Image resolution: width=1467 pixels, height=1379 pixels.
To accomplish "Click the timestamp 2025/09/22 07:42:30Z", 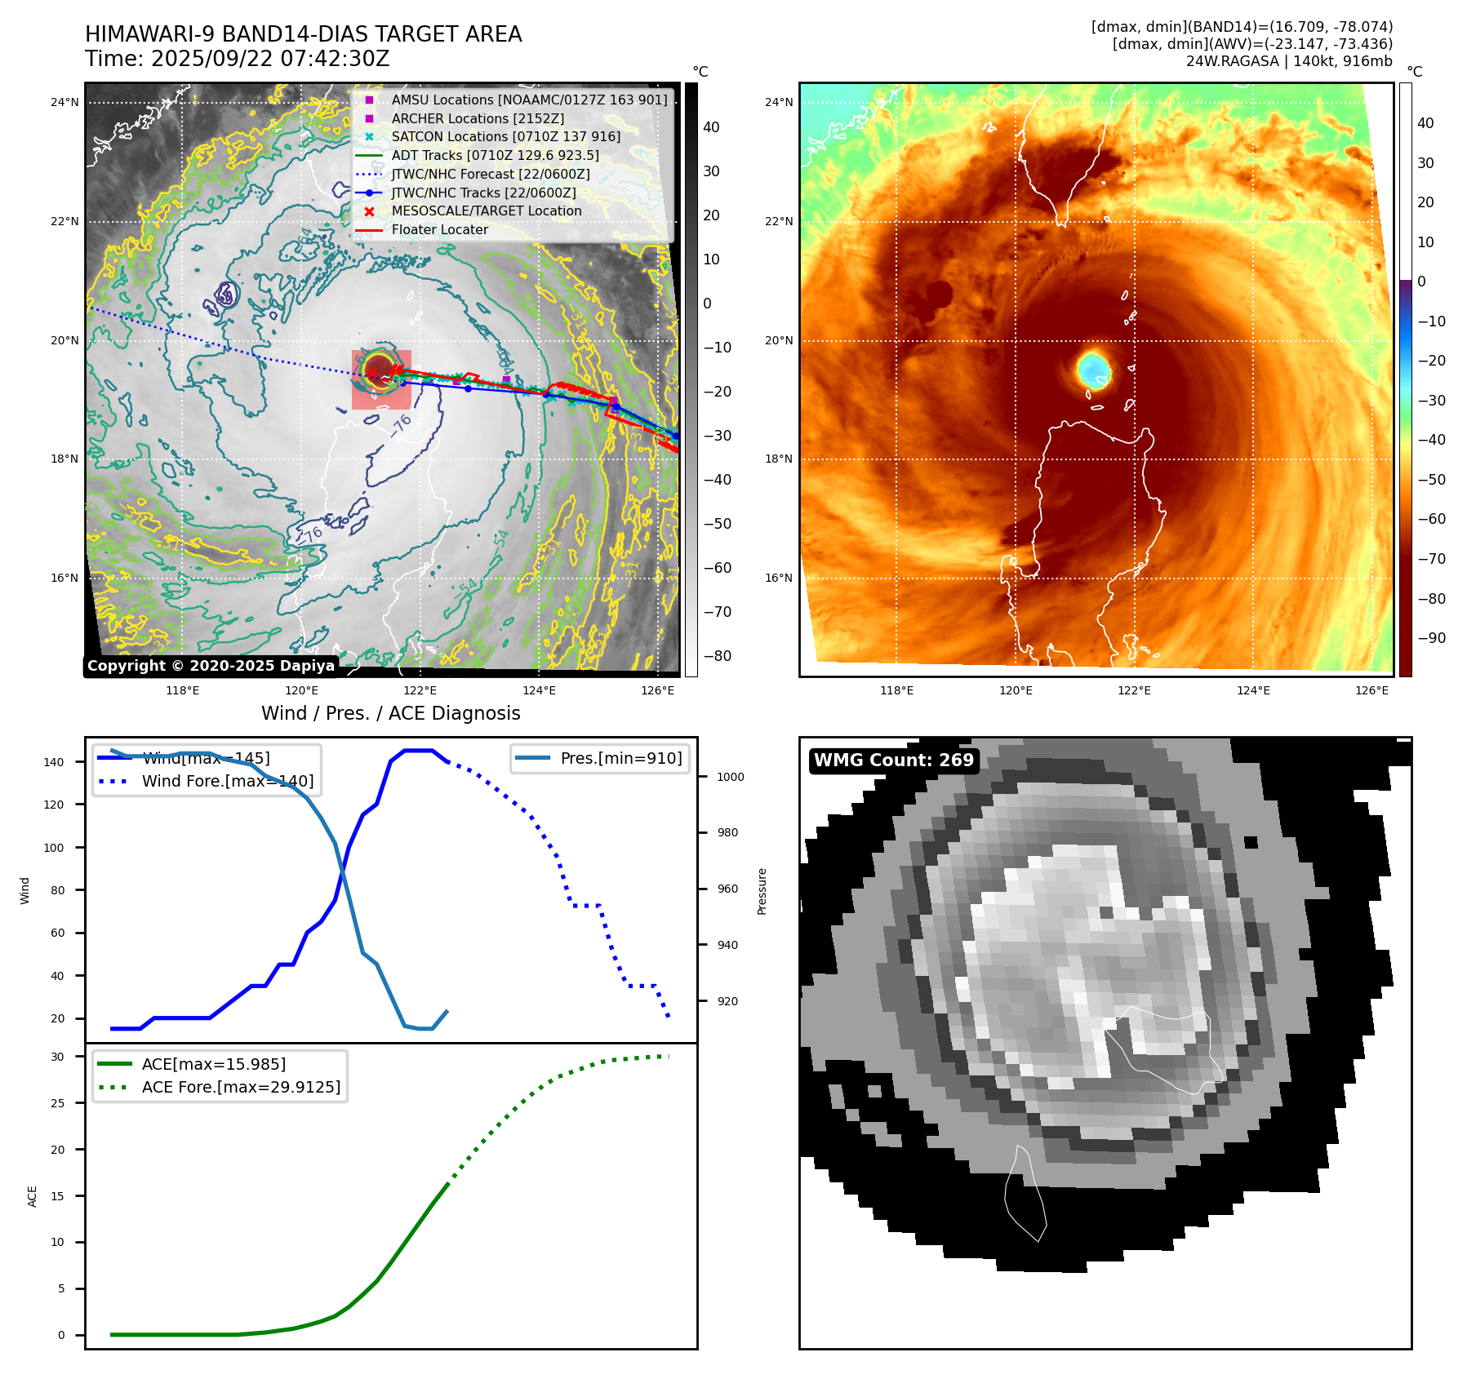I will coord(270,60).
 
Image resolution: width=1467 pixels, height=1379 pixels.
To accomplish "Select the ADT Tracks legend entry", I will coord(495,155).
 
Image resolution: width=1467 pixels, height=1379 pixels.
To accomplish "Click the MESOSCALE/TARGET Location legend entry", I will coord(487,211).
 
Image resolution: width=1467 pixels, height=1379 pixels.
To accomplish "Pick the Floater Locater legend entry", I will coord(439,229).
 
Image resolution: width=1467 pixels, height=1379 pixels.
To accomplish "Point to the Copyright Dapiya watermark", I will coord(211,666).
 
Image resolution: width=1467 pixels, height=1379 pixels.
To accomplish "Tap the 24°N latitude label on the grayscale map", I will coord(64,102).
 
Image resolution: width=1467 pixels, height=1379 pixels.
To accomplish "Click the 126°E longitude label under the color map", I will coord(1371,690).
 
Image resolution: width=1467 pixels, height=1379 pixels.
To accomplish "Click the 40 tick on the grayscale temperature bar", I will coord(711,127).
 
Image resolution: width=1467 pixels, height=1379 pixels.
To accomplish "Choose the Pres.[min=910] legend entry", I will coord(620,758).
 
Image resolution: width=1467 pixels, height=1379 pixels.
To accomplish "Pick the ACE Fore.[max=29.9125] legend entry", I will coord(241,1087).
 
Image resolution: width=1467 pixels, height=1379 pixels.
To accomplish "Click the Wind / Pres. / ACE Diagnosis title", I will coord(390,713).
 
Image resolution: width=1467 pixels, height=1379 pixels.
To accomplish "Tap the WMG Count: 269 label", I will coord(893,760).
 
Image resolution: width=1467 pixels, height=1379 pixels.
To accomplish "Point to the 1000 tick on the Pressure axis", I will coord(730,777).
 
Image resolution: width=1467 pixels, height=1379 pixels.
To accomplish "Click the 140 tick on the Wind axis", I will coord(54,762).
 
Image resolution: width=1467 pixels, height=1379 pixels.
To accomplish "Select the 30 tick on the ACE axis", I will coord(57,1057).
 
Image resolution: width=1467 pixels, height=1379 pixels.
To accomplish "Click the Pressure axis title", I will coord(762,891).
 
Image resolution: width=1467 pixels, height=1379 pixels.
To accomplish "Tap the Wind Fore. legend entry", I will coord(227,781).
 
